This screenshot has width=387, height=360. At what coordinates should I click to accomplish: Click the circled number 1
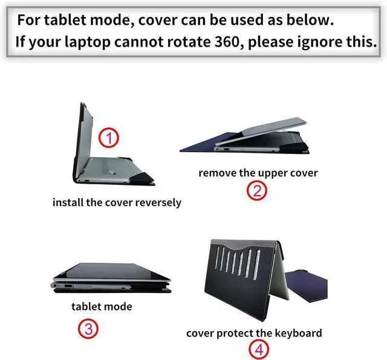(x=109, y=138)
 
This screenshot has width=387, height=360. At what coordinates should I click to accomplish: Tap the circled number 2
(x=257, y=191)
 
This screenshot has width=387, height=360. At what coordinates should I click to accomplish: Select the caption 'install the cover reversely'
(x=117, y=202)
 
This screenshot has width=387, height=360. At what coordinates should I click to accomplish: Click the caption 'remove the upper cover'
(x=258, y=173)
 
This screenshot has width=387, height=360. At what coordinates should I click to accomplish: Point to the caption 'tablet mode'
(x=102, y=306)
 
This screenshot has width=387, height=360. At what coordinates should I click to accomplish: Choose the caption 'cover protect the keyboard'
(x=254, y=333)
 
